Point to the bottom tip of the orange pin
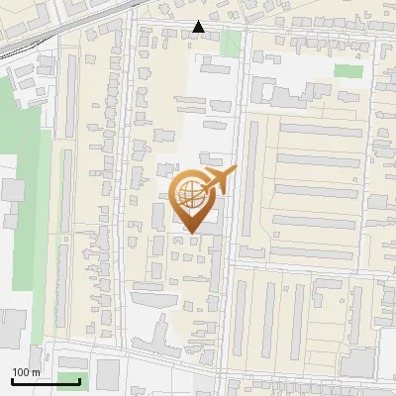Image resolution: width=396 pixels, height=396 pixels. (x=192, y=234)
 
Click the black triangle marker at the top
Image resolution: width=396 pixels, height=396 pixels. (x=199, y=27)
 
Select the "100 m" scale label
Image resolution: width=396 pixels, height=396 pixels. (x=27, y=372)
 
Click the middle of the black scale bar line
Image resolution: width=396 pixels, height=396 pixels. (x=46, y=381)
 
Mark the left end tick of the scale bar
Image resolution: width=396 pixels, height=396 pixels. (x=12, y=379)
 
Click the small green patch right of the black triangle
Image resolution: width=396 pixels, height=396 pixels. (x=231, y=43)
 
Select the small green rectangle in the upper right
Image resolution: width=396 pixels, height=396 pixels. (x=347, y=70)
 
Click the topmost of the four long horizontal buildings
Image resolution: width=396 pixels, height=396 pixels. (x=320, y=130)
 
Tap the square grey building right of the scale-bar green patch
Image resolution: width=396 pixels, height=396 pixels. (x=107, y=373)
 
